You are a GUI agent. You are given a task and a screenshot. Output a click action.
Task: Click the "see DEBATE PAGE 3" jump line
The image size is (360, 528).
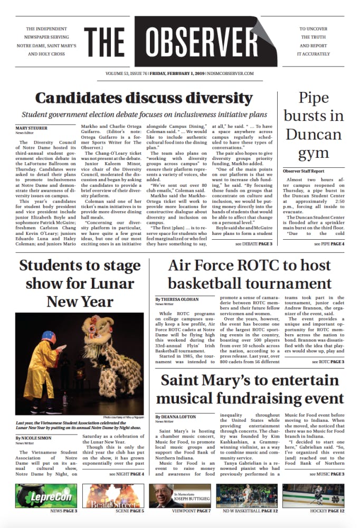(254, 244)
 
